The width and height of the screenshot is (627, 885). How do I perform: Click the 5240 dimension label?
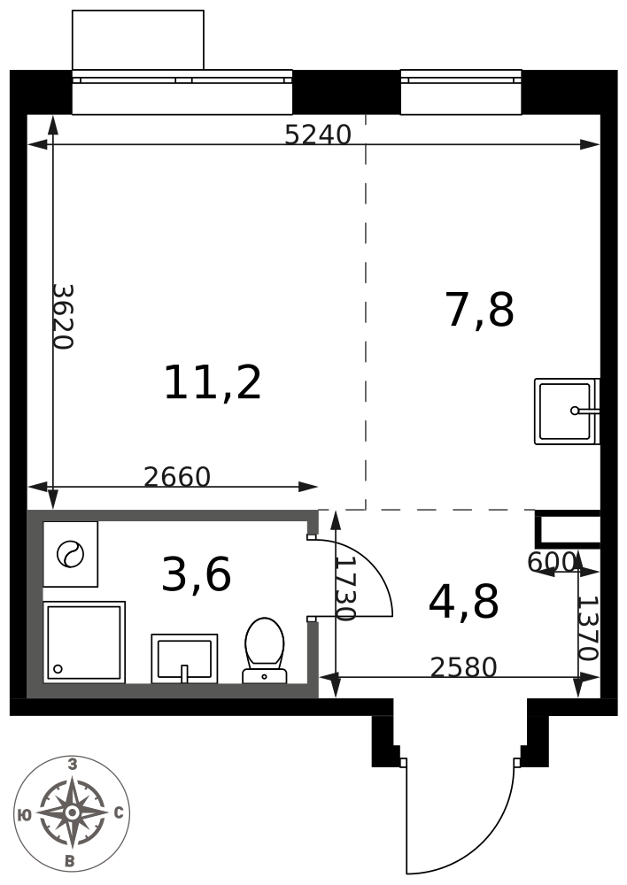(317, 135)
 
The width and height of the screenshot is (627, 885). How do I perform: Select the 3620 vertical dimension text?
(63, 317)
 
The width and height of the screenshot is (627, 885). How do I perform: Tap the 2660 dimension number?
(177, 477)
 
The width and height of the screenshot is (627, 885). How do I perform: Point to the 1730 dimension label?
(345, 589)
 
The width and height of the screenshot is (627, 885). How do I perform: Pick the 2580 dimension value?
(464, 667)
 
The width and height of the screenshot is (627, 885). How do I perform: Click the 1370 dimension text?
(587, 628)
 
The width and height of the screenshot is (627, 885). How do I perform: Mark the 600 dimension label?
(552, 562)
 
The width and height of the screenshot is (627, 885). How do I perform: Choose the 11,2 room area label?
(213, 382)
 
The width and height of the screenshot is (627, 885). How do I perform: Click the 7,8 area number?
(480, 309)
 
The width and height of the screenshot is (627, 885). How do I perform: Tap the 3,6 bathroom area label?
(196, 574)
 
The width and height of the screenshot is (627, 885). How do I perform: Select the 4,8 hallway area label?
(464, 602)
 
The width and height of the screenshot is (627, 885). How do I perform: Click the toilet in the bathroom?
(265, 650)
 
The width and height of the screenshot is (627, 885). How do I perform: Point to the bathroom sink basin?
(184, 658)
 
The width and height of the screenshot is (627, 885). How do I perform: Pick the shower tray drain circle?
(58, 669)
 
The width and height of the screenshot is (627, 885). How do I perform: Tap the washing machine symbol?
(71, 554)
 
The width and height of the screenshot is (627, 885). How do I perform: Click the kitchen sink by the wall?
(567, 411)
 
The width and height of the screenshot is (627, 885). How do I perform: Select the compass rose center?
(72, 812)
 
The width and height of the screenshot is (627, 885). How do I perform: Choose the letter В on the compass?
(70, 861)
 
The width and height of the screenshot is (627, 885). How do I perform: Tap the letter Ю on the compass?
(24, 814)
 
